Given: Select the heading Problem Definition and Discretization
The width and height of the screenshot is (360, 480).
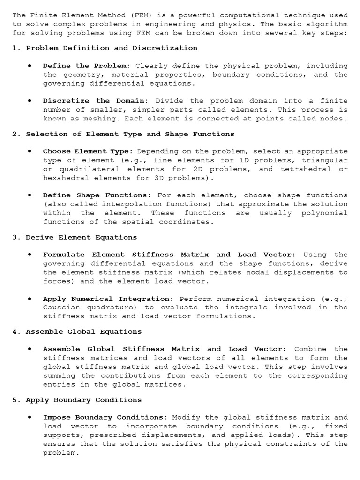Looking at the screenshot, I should [x=112, y=48].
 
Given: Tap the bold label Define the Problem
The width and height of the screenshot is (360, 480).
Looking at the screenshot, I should [x=84, y=66].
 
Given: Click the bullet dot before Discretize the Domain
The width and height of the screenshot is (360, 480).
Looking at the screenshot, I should [x=30, y=100].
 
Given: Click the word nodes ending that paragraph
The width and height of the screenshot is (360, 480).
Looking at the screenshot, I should [x=334, y=119].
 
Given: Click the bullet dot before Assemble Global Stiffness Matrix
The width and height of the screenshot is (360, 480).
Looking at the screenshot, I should [x=30, y=349].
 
